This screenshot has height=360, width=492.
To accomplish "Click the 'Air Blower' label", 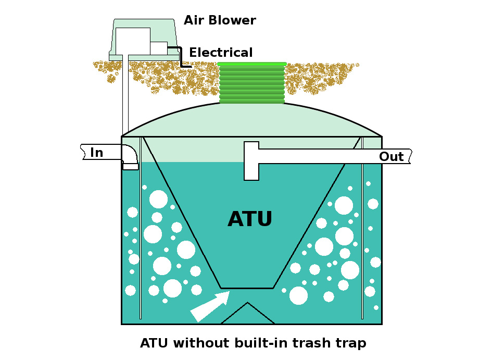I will [220, 21].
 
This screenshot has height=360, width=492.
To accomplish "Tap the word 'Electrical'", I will [221, 53].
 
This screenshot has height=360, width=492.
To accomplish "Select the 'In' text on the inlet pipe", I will [97, 153].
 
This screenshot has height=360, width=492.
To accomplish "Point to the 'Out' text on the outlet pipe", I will [391, 157].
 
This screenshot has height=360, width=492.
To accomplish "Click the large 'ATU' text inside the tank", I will [250, 219].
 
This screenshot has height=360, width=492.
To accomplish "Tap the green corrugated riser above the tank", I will [252, 83].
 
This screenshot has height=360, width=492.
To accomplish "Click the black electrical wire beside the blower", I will [181, 57].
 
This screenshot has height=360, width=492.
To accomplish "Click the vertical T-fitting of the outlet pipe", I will [251, 161].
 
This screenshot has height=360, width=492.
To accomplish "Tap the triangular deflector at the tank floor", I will [247, 315].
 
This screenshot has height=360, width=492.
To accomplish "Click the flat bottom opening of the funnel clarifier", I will [247, 288].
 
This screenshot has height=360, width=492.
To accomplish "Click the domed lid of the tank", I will [251, 120].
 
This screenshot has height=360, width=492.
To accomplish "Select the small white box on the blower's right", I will [159, 48].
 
